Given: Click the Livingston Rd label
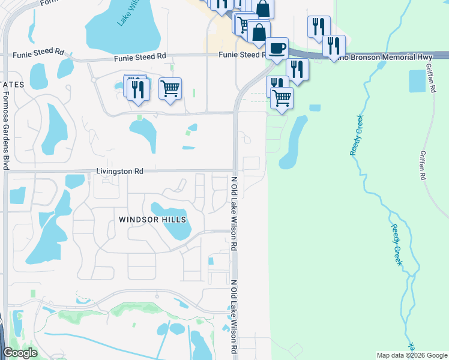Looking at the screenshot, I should coord(119,171).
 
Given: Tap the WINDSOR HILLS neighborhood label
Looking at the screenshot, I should coord(152,220).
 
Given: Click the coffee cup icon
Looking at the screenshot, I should coord(276,48).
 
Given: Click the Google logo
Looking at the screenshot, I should coord(20,353).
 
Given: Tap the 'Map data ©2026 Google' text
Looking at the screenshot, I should coord(411,355).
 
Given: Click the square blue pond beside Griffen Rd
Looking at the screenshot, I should coord(416,81).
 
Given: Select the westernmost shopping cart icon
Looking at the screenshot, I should coord(170,88).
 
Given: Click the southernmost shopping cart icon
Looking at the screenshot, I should coord(281,97).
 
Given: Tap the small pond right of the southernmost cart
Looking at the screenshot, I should coord(315,108).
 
